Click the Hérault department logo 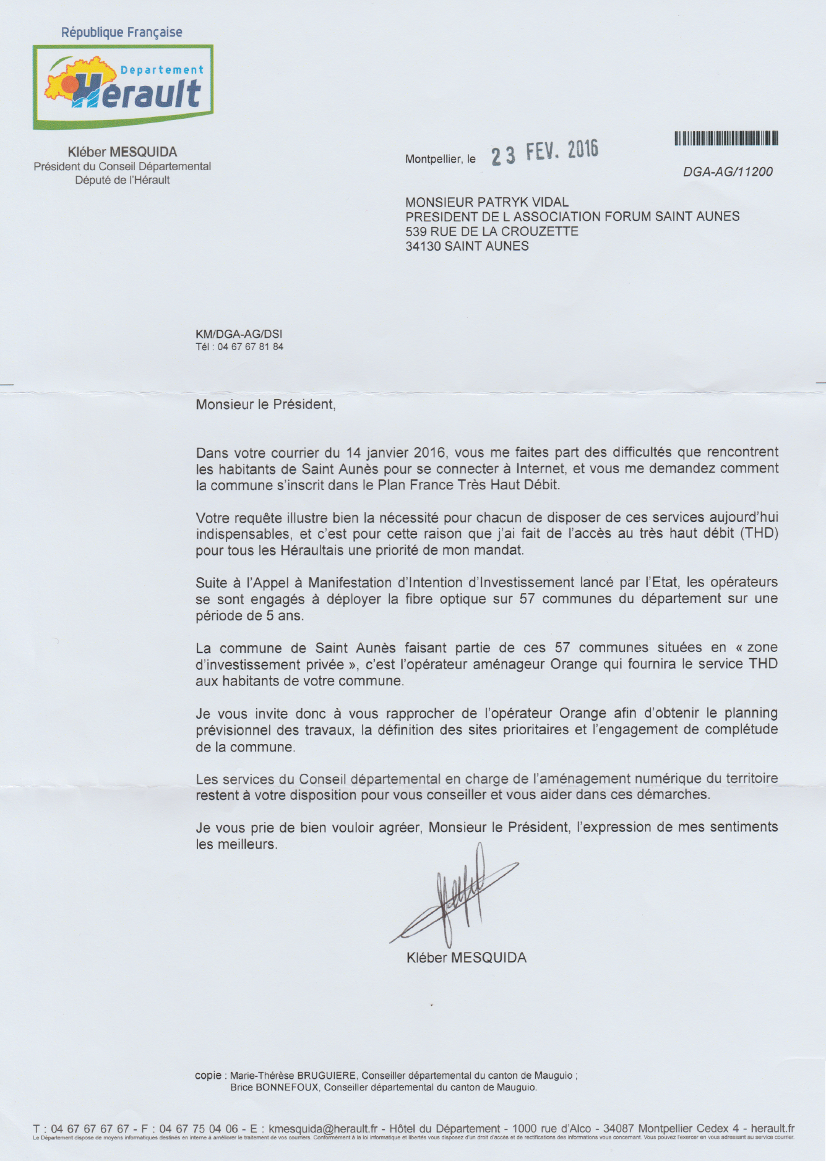click(123, 87)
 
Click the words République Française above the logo click(121, 32)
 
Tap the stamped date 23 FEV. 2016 click(545, 152)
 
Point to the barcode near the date click(726, 138)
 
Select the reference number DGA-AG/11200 click(728, 172)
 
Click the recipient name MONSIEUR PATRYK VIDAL click(487, 202)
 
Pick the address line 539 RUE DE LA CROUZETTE click(492, 231)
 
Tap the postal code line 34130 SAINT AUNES click(467, 246)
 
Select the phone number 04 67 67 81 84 click(251, 347)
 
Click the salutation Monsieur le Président click(265, 405)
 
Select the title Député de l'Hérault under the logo click(123, 180)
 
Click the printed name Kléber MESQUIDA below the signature click(467, 958)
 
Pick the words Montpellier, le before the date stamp click(441, 159)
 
